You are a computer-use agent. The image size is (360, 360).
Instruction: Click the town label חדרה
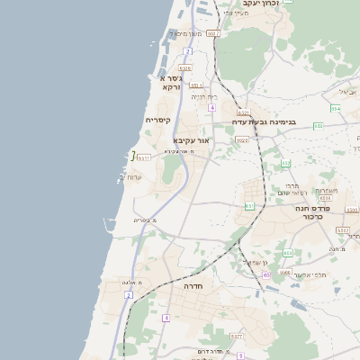point(193,285)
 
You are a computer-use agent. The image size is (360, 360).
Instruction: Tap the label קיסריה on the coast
point(158,120)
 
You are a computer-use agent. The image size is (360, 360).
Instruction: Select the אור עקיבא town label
point(191,141)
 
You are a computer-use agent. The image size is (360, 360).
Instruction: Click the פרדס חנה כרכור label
point(315,212)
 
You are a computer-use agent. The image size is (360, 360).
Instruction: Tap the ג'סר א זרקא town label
point(171,83)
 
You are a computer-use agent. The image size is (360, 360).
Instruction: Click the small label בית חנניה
point(204,96)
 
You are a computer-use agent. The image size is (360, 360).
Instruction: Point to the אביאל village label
point(347,93)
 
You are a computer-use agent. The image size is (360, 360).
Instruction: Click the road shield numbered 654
point(335,108)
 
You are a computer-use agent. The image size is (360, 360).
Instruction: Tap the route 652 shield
point(286,163)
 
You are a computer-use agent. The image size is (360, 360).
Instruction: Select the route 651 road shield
point(249,206)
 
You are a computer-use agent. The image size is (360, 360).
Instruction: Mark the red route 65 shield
point(266,275)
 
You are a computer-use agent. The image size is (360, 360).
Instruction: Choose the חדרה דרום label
point(209,351)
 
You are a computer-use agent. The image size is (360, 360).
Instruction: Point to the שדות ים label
point(134,176)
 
